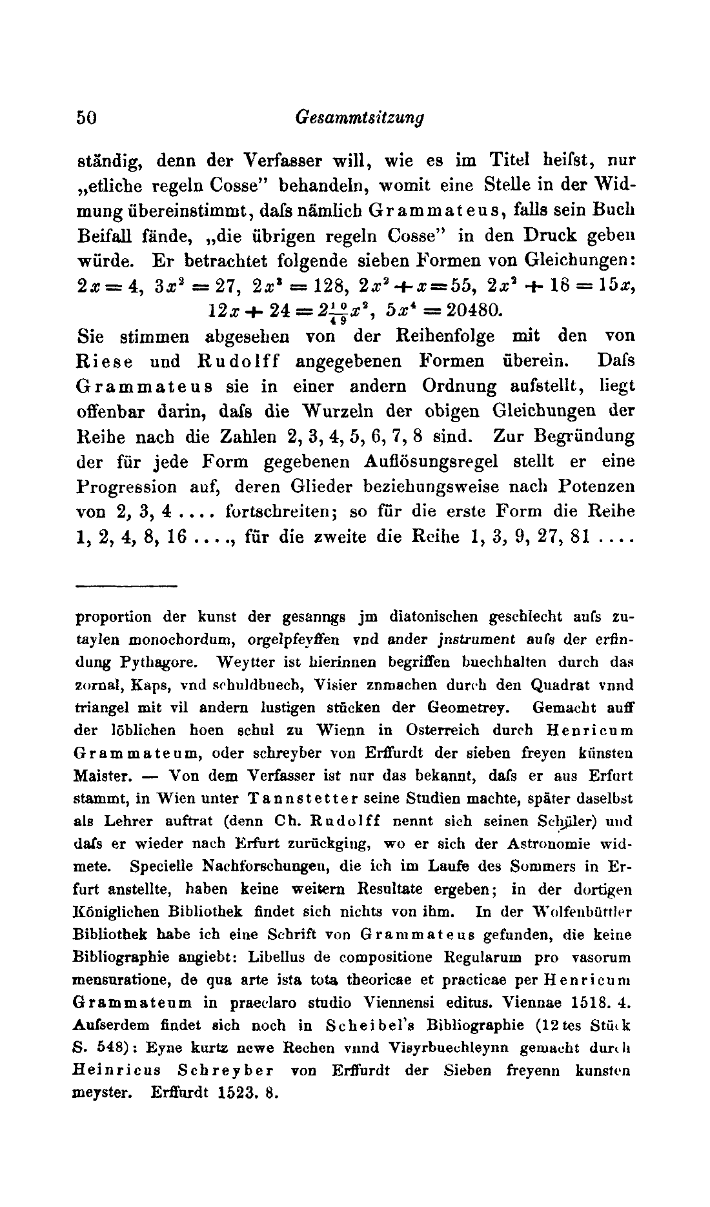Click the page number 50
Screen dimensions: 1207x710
point(86,117)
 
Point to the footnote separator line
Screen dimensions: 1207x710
point(127,585)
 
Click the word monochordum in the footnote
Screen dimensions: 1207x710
point(170,639)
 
